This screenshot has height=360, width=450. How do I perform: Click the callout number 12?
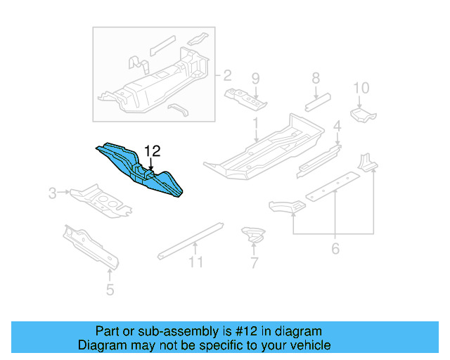click(x=153, y=150)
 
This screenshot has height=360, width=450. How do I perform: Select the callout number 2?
click(x=227, y=75)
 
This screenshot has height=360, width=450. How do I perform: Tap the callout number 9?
click(x=256, y=78)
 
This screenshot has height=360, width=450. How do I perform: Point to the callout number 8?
click(x=316, y=78)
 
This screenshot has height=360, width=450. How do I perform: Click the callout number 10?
click(x=361, y=88)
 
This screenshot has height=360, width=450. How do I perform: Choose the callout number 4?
click(x=337, y=127)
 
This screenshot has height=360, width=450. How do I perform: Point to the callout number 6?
click(x=335, y=248)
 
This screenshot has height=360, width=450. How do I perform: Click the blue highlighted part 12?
click(x=141, y=169)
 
